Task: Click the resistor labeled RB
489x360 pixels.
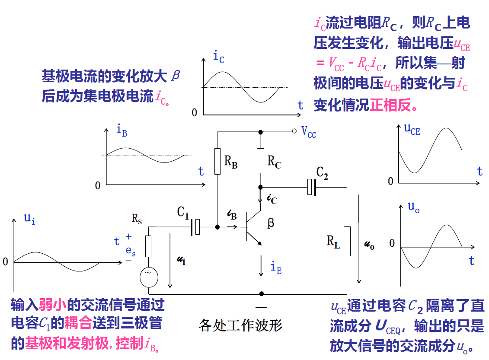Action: [x=217, y=161]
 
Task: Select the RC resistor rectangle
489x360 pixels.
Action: [x=260, y=160]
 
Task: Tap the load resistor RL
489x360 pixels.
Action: [x=347, y=241]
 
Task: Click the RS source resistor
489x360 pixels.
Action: [x=149, y=246]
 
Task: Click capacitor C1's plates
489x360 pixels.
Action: [x=195, y=226]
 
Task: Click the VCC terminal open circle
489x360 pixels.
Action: [x=294, y=131]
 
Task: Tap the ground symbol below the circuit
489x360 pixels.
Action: [x=261, y=308]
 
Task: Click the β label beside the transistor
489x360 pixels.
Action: [x=271, y=223]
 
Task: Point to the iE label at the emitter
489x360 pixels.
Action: [x=276, y=268]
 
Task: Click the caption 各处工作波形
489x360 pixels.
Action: [x=240, y=325]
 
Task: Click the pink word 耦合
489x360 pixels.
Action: [x=80, y=323]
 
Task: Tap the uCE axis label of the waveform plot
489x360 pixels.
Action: [x=412, y=130]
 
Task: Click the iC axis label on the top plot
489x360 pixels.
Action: [x=218, y=57]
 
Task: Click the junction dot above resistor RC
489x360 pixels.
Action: [x=260, y=131]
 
